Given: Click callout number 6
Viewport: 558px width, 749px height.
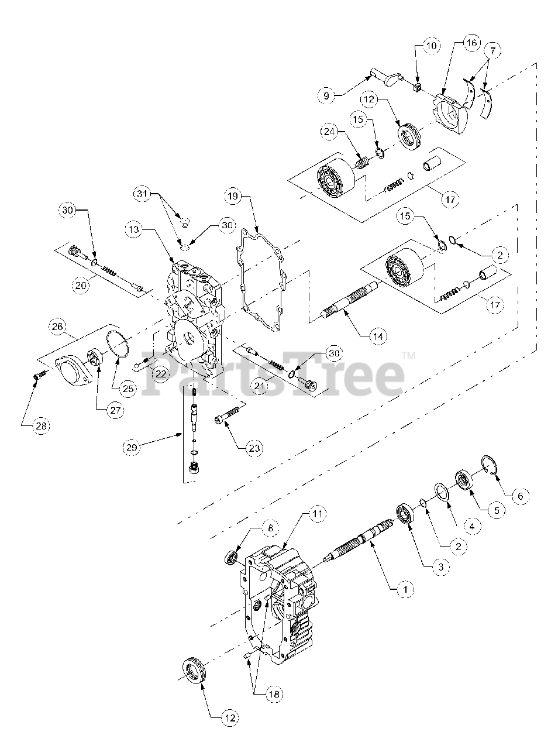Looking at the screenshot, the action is tap(520, 496).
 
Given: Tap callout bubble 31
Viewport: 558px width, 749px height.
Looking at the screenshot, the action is tap(143, 192).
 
